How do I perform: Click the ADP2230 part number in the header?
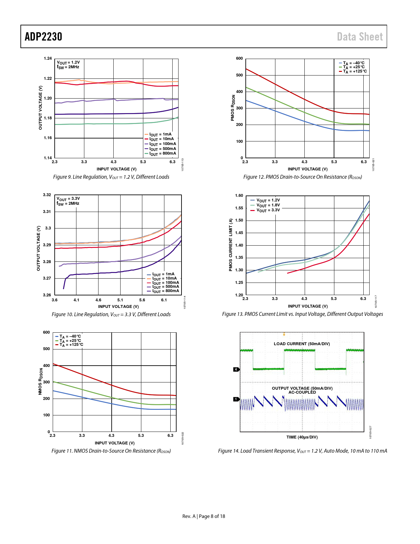click(x=43, y=37)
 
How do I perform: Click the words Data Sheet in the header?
click(x=360, y=37)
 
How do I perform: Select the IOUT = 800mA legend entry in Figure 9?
click(x=160, y=154)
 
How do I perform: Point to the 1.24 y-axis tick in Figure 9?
click(x=48, y=58)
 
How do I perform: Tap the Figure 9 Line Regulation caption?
click(x=111, y=177)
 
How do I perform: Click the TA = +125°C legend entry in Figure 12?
click(x=353, y=72)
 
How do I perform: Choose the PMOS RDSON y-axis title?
click(x=233, y=108)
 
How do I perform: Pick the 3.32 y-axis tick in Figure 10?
click(x=47, y=195)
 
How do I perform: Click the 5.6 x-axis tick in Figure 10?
click(x=142, y=300)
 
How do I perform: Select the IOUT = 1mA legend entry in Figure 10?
click(x=161, y=274)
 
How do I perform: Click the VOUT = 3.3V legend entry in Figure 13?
click(x=265, y=210)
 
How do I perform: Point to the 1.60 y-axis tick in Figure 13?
click(x=239, y=196)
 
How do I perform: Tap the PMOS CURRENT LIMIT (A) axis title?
click(x=231, y=245)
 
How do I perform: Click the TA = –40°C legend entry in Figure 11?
click(x=68, y=336)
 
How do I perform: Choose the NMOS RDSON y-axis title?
click(x=40, y=381)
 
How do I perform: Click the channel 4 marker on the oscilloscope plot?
click(x=236, y=369)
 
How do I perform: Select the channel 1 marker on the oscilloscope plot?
click(x=236, y=399)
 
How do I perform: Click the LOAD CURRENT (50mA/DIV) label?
click(x=302, y=344)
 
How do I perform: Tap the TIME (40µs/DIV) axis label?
click(x=302, y=437)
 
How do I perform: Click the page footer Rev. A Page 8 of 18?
click(x=204, y=516)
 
